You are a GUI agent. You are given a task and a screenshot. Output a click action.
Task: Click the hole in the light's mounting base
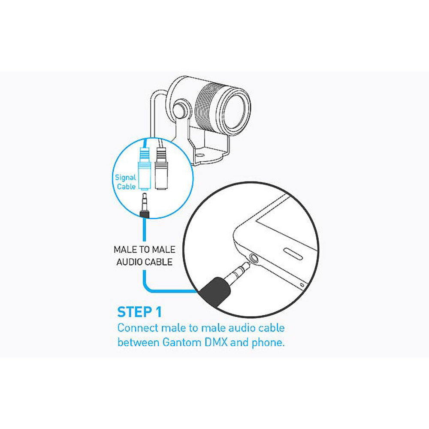(200, 155)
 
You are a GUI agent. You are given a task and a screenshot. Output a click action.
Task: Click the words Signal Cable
(126, 182)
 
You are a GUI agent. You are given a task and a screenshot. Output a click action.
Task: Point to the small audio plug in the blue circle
(144, 205)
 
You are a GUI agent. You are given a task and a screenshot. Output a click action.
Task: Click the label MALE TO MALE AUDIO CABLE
(145, 256)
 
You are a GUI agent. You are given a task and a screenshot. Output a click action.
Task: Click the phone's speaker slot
(293, 254)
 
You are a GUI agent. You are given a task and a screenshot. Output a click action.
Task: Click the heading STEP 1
(139, 312)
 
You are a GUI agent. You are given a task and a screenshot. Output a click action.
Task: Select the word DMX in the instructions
(216, 342)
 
